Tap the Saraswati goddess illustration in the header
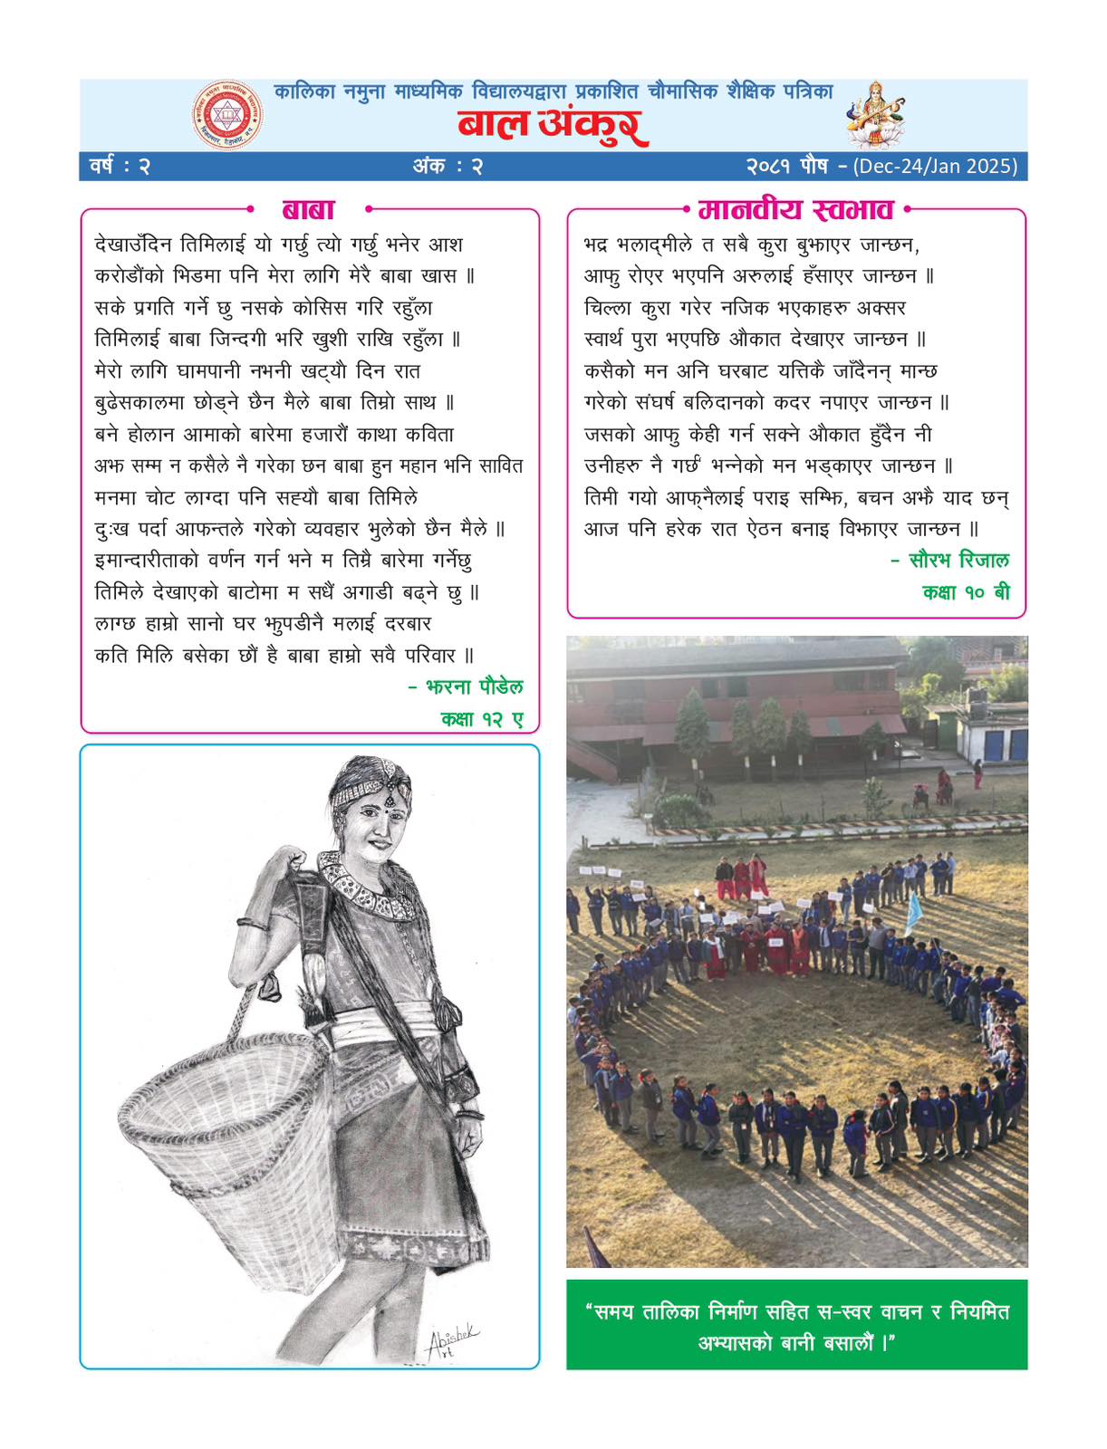875,113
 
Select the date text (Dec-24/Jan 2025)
936,167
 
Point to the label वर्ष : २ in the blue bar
120,167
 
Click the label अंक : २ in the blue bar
448,167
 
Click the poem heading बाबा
308,210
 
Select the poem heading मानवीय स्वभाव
796,210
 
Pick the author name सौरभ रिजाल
958,561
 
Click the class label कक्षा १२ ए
482,719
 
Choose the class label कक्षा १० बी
966,592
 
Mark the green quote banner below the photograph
796,1325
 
